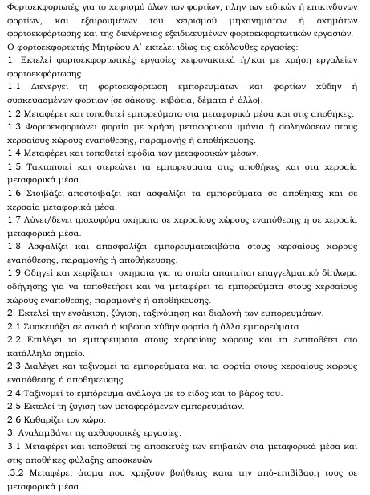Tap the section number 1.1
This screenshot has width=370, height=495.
(14, 108)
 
